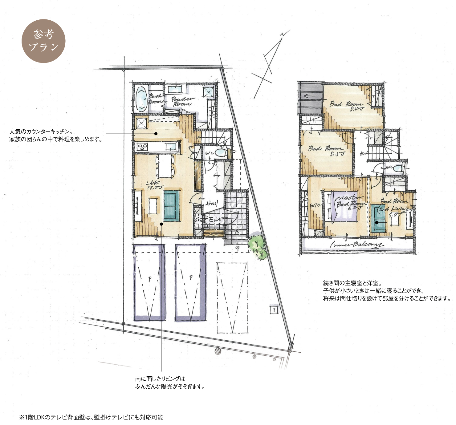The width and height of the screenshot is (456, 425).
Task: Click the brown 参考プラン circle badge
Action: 43,41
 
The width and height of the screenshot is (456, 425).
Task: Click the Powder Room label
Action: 182,101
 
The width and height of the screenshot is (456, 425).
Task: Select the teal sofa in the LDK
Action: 171,206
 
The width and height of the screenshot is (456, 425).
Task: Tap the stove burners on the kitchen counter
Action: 143,147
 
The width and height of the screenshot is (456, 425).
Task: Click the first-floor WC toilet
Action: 220,152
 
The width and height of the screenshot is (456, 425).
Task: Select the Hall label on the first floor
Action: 212,203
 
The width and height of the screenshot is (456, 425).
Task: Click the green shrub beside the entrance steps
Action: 258,245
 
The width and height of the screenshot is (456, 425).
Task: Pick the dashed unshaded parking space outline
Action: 232,297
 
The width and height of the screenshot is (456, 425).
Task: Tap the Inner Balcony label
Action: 357,245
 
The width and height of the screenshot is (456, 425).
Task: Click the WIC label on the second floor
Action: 315,205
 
